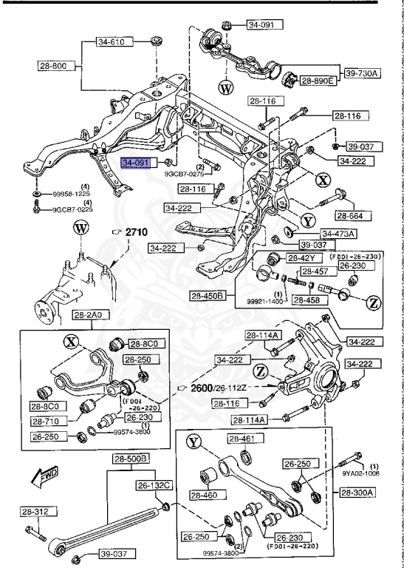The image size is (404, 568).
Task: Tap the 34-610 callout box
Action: (114, 41)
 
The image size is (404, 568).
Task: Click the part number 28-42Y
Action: (302, 258)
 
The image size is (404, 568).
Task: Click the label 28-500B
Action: (131, 459)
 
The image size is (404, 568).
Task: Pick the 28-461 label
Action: (241, 439)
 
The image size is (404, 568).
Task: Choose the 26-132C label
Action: (153, 485)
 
